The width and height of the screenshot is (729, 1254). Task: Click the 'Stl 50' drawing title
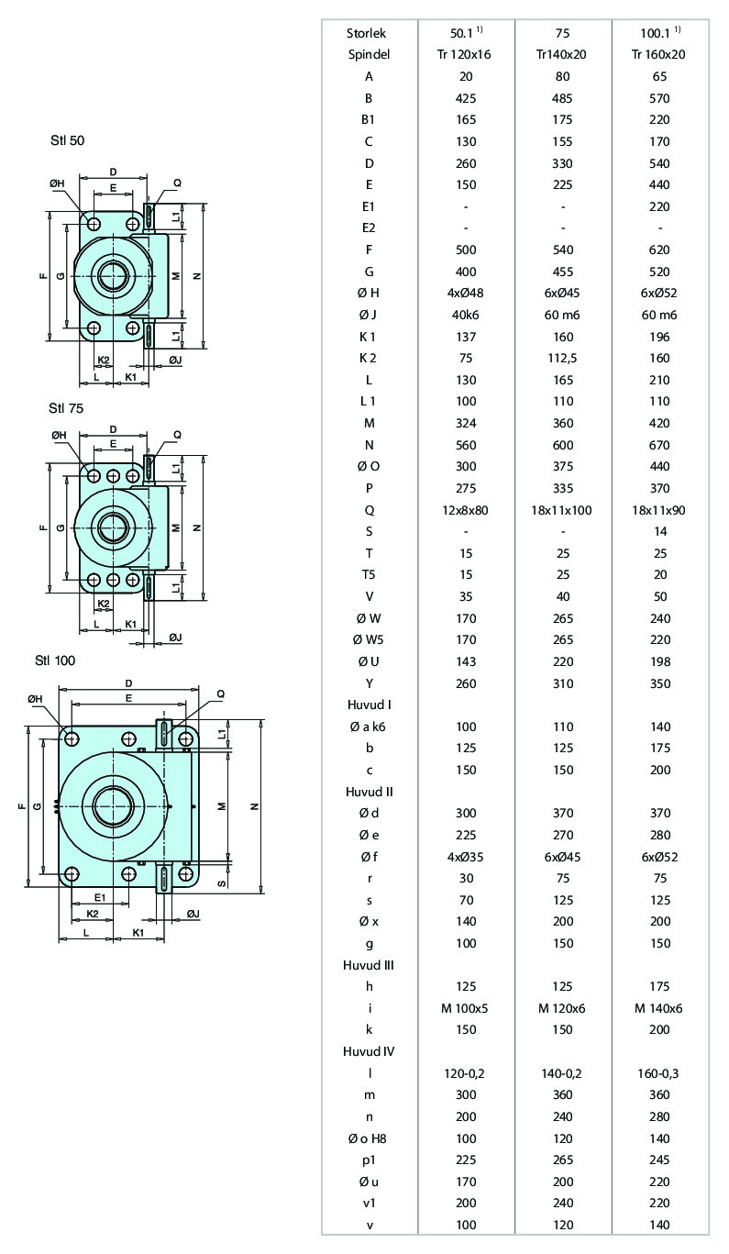click(x=67, y=140)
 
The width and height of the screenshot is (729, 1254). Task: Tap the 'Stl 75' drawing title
click(x=66, y=408)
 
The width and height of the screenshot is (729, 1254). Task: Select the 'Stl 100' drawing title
click(x=55, y=660)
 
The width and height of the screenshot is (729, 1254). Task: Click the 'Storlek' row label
click(x=366, y=33)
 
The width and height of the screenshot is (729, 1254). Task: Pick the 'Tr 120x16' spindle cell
click(x=464, y=54)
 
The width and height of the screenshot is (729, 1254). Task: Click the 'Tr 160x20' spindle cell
click(x=658, y=54)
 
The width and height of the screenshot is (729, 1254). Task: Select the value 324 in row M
click(x=466, y=423)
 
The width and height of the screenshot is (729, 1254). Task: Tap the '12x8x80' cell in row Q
click(x=465, y=510)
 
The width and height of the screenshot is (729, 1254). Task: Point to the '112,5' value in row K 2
click(x=562, y=359)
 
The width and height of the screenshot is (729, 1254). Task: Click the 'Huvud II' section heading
click(x=370, y=792)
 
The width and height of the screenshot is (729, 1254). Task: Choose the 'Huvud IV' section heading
click(x=369, y=1051)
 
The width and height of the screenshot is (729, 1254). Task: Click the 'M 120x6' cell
click(x=562, y=1008)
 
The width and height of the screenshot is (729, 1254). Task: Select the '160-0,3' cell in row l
click(x=659, y=1073)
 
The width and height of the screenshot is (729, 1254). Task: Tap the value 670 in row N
click(x=659, y=445)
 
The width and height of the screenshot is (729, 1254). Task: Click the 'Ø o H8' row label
click(x=367, y=1138)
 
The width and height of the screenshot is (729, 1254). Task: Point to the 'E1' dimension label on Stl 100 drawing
click(x=100, y=897)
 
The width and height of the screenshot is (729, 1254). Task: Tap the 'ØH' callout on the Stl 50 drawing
click(x=57, y=183)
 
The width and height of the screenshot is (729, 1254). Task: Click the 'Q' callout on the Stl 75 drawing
click(x=177, y=435)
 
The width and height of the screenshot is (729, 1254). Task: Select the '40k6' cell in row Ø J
click(x=465, y=316)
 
